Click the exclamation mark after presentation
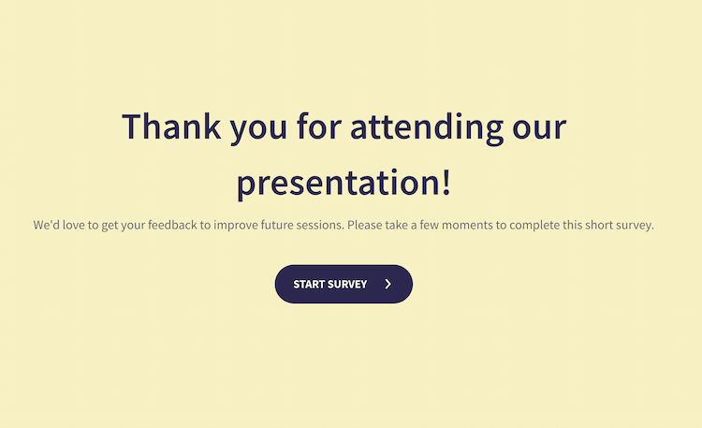[446, 181]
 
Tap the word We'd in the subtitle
[48, 226]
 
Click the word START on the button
[308, 285]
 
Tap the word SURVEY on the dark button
[347, 285]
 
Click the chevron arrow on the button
[388, 284]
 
